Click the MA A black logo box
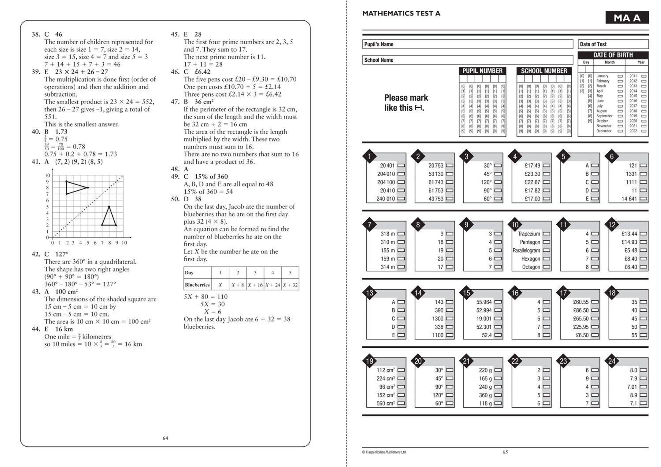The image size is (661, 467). tap(627, 18)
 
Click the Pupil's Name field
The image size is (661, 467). tap(467, 44)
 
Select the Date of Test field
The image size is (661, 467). tap(613, 44)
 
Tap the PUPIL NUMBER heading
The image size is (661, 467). tap(482, 71)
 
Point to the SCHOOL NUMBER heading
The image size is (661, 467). tap(544, 71)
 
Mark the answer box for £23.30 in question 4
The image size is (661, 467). tap(546, 174)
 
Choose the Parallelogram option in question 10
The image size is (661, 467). tap(546, 251)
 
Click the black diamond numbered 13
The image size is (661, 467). tap(370, 293)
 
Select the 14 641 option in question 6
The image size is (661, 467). tap(643, 199)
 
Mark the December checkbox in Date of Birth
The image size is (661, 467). tap(620, 131)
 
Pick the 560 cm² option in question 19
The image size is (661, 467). tap(401, 403)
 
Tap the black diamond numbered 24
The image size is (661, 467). tap(612, 361)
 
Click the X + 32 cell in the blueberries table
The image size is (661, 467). tap(290, 285)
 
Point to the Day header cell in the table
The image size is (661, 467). tap(197, 273)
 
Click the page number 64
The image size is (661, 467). tap(165, 438)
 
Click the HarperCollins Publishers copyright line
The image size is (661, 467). tap(384, 452)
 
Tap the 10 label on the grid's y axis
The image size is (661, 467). tap(47, 175)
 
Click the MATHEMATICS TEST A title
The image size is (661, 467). tap(401, 13)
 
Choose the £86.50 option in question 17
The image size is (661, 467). tap(595, 311)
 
